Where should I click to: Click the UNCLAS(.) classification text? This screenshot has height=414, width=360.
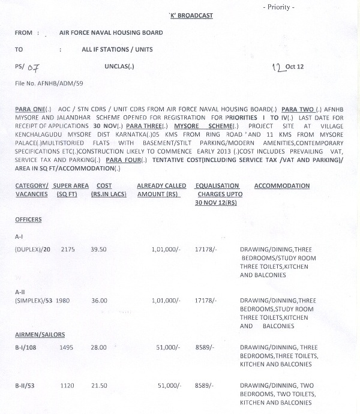(x=119, y=67)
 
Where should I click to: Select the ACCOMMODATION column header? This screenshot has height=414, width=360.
(x=282, y=186)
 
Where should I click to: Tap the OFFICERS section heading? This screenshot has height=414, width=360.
(x=28, y=220)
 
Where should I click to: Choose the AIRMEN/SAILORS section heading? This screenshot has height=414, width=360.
(x=40, y=334)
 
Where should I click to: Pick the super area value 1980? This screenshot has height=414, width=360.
(x=65, y=300)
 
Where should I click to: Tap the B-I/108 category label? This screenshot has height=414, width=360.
(x=27, y=347)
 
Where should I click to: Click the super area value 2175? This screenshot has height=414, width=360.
(x=68, y=249)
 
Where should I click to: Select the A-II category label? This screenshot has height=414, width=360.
(x=20, y=291)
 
